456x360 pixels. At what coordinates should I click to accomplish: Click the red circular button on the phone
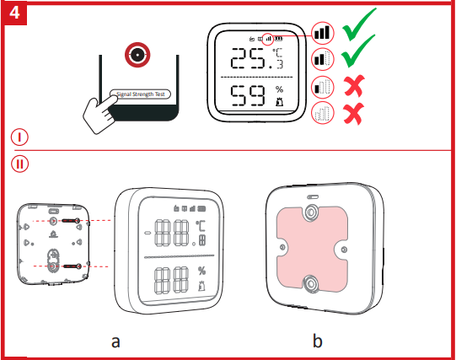pyautogui.click(x=136, y=56)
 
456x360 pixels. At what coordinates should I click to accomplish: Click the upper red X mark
pyautogui.click(x=356, y=86)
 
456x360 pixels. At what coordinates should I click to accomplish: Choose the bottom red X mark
pyautogui.click(x=356, y=114)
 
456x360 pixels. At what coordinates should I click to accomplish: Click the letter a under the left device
pyautogui.click(x=116, y=341)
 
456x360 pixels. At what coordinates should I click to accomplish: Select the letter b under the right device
pyautogui.click(x=317, y=341)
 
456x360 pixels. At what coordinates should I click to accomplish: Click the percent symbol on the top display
pyautogui.click(x=279, y=89)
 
